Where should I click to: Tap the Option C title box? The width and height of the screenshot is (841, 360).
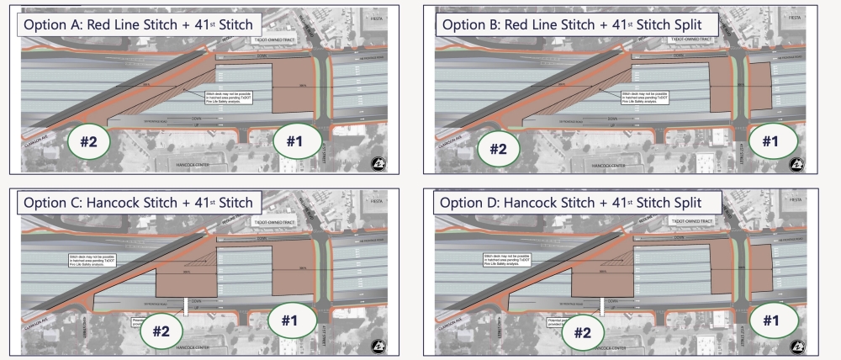(x=139, y=203)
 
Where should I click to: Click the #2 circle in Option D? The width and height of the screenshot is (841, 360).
(x=582, y=332)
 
